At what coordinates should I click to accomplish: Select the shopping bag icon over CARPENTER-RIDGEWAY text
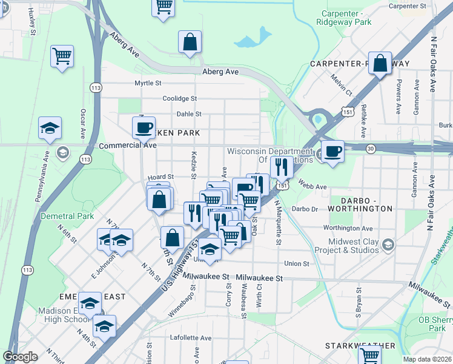[x=380, y=64]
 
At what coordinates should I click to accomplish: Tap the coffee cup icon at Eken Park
[x=144, y=127]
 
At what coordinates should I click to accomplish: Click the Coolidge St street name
[x=179, y=98]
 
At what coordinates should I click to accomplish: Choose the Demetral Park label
[x=67, y=216]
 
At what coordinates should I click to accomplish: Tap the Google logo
[x=20, y=357]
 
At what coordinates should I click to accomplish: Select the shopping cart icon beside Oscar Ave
[x=62, y=56]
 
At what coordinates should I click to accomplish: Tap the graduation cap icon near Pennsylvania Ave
[x=50, y=128]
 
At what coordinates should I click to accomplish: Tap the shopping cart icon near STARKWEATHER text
[x=369, y=355]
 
